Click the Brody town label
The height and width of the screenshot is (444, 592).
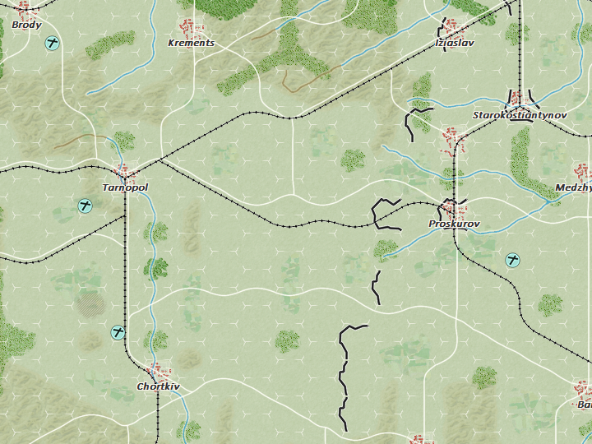pos(26,25)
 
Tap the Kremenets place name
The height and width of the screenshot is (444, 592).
pos(191,43)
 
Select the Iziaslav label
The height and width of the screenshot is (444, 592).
pos(455,43)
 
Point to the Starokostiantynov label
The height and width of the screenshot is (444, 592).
pos(520,116)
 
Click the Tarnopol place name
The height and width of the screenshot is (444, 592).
pos(125,188)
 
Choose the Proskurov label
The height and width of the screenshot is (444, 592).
pos(454,224)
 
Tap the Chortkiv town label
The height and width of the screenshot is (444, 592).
pos(158,386)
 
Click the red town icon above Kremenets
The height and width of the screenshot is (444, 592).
pos(192,28)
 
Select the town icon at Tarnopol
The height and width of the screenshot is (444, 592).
pos(126,173)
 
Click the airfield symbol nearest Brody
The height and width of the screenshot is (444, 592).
pos(53,43)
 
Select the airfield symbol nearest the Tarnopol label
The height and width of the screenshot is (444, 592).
pos(84,206)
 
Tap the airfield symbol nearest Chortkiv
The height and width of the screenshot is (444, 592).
pos(118,332)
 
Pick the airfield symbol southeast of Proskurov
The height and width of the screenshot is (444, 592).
pos(513,261)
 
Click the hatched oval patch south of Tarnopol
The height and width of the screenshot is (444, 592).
pos(90,305)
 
